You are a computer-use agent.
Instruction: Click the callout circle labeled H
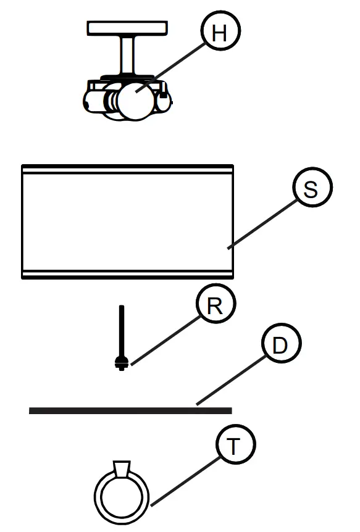click(219, 34)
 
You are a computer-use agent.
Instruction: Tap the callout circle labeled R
click(214, 307)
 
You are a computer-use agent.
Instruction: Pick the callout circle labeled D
click(279, 346)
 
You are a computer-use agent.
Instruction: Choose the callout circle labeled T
click(233, 447)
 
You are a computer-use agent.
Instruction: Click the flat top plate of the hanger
click(127, 28)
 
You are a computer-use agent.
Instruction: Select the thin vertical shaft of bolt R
click(122, 330)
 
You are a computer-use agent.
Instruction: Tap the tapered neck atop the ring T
click(122, 468)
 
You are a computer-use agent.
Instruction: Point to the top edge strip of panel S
click(127, 168)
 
